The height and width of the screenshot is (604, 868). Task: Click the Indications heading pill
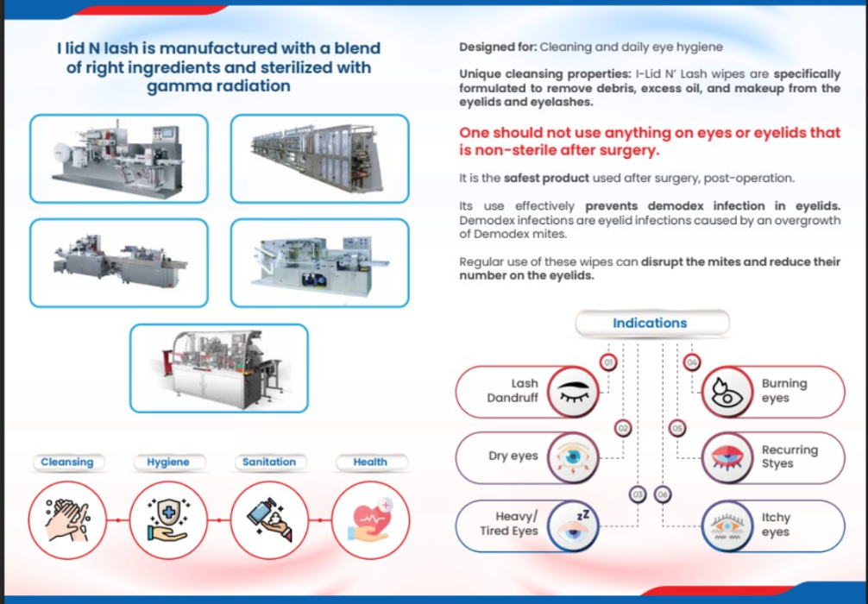652,323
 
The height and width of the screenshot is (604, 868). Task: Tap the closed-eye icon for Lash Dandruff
574,392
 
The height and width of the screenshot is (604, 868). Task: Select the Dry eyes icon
574,458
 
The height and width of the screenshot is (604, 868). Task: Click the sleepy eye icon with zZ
574,526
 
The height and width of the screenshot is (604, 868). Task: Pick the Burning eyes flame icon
727,392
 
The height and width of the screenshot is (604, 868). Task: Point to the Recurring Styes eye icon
727,458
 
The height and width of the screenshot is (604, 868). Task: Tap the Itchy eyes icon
727,526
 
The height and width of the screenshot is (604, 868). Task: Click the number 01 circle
608,362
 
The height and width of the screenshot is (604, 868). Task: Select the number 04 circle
692,362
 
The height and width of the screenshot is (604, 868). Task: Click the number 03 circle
638,494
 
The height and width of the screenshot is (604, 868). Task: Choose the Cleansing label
67,462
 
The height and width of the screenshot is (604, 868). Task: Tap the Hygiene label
168,462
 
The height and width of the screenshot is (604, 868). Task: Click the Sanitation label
269,462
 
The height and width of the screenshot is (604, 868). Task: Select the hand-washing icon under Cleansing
67,519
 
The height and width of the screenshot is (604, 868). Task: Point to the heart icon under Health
370,519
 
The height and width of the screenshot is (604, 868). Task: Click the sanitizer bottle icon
269,519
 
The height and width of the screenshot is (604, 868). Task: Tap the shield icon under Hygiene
168,519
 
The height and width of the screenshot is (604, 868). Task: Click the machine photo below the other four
218,368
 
